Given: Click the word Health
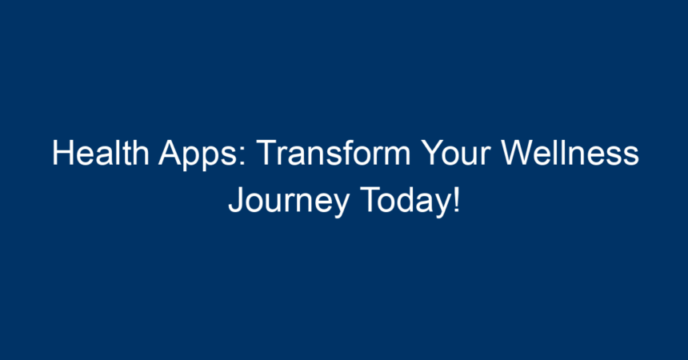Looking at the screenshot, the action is [x=101, y=153].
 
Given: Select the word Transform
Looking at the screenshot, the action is [x=334, y=153].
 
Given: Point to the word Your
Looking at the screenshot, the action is [x=456, y=153].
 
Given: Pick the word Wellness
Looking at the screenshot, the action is [x=570, y=153].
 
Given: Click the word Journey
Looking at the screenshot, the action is [x=289, y=202].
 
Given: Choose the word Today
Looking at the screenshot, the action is [x=406, y=202].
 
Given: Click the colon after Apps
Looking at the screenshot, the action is [x=242, y=157].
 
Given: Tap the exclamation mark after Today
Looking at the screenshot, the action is [x=457, y=199].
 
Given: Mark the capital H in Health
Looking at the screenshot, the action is [x=62, y=153].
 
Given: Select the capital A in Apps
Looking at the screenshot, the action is [x=170, y=153].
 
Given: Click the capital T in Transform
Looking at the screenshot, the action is [x=268, y=153].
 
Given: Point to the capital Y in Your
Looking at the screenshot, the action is [x=433, y=153].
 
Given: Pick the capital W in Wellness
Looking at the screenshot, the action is [x=518, y=153].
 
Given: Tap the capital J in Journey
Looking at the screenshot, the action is [x=236, y=200].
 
